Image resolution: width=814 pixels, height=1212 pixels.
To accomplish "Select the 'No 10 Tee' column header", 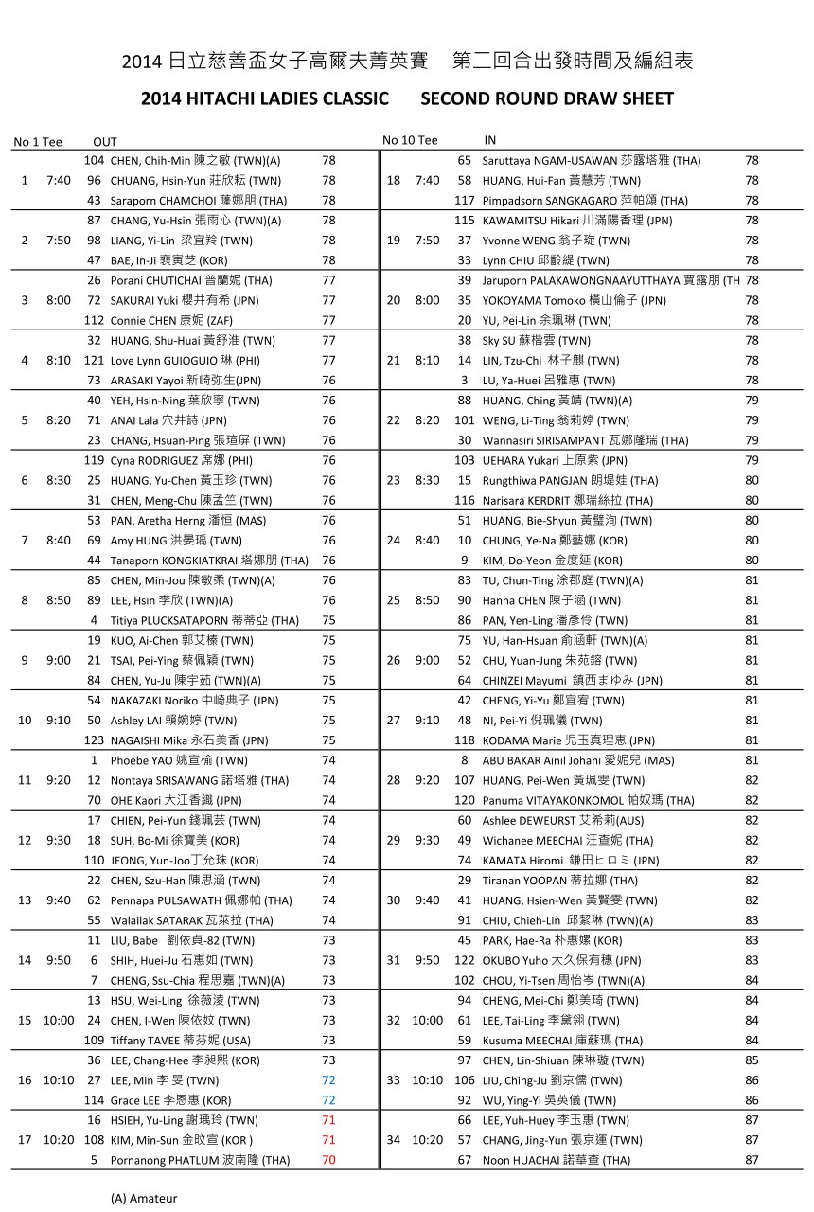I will tap(410, 141).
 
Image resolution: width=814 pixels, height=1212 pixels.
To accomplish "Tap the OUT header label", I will tap(105, 142).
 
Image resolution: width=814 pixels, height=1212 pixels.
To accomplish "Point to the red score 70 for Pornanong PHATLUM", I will tap(328, 1160).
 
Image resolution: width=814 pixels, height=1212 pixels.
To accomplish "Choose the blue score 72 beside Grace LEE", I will tap(328, 1100).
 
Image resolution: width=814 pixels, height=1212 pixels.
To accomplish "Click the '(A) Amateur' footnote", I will tap(144, 1198).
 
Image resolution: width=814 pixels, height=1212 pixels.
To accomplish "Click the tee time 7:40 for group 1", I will tap(58, 180).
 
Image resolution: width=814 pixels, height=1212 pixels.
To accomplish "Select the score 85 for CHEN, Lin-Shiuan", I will tap(752, 1060).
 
